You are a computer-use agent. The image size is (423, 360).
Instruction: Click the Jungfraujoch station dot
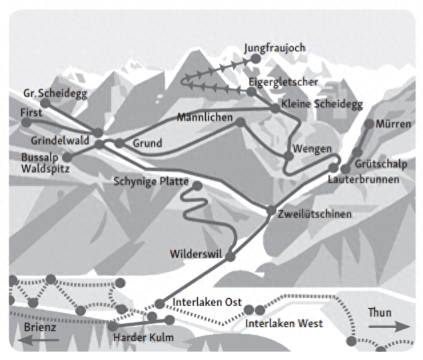click(256, 59)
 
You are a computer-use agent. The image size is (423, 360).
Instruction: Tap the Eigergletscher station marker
click(251, 91)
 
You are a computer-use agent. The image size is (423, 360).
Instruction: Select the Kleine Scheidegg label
click(322, 104)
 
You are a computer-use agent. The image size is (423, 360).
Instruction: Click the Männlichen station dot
click(240, 122)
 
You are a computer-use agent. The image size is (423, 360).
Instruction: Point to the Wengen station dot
click(288, 156)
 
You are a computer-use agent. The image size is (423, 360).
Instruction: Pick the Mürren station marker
click(369, 124)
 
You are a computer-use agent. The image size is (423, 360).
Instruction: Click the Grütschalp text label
click(381, 164)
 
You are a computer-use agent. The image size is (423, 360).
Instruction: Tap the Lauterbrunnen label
click(364, 179)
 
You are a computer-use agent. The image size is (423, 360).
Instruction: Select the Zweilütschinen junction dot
click(271, 211)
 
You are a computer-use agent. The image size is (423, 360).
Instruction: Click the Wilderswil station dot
click(230, 256)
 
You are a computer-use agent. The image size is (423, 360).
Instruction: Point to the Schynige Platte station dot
click(197, 186)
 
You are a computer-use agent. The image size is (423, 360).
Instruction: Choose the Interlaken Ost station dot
click(159, 304)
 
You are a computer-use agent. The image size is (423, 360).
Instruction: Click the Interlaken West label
click(284, 323)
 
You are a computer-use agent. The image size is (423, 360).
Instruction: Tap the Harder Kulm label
click(143, 337)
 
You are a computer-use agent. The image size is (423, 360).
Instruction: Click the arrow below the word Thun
click(389, 327)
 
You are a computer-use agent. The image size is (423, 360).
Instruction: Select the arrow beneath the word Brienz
click(38, 340)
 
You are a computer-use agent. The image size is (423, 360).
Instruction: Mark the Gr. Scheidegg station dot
click(45, 103)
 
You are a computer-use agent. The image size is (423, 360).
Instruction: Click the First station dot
click(26, 123)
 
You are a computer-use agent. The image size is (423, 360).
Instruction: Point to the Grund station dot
click(119, 143)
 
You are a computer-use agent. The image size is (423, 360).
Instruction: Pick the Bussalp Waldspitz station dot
click(67, 157)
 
